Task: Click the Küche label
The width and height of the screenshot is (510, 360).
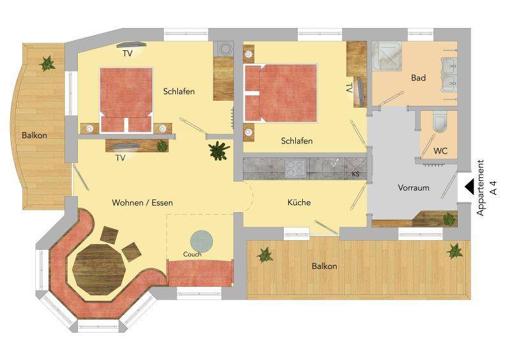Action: tap(298, 203)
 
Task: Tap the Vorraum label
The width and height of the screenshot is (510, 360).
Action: tap(413, 189)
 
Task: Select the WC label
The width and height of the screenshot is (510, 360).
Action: tap(440, 152)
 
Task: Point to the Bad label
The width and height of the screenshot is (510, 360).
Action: tap(418, 78)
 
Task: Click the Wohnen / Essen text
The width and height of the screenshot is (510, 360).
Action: tap(142, 203)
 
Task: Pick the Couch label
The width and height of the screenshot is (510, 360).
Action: tap(192, 254)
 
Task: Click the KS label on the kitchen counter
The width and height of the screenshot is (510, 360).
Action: tap(356, 173)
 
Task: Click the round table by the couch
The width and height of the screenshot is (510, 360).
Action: tap(203, 240)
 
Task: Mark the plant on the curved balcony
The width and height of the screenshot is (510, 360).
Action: tap(47, 63)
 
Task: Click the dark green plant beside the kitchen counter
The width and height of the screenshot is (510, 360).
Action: tap(219, 150)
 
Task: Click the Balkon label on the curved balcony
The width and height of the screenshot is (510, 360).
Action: tap(34, 135)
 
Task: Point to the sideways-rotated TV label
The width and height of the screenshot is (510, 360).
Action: tap(348, 87)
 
